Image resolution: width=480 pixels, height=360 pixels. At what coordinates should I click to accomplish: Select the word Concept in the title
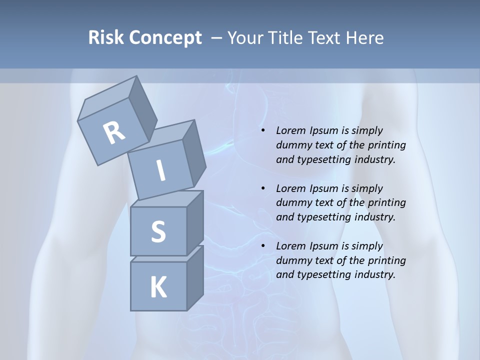tap(165, 38)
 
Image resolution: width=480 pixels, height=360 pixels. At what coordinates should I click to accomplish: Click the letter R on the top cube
tap(114, 132)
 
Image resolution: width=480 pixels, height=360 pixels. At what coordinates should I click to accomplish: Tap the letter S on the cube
tap(158, 231)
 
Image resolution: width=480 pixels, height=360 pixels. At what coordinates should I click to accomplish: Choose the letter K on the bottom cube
tap(158, 287)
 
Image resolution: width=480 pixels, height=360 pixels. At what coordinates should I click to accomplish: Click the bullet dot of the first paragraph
tap(263, 131)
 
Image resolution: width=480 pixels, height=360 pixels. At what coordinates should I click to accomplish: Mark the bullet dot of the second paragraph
tap(263, 188)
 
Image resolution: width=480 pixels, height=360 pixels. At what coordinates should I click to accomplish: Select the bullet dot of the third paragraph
tap(263, 246)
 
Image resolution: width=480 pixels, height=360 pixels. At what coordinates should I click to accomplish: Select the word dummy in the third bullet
tap(292, 260)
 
